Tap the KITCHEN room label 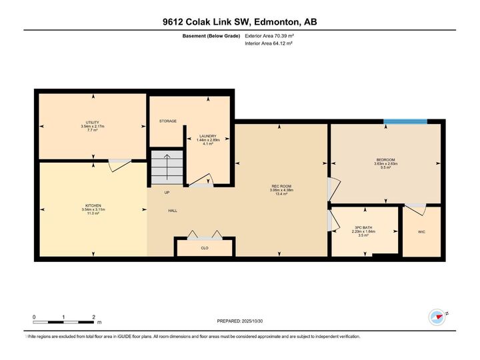[x=93, y=205]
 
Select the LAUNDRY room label [x=207, y=136]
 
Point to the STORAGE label [x=167, y=121]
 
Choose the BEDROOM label [x=385, y=160]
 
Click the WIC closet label [x=421, y=233]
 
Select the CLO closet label [x=205, y=247]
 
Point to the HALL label [x=172, y=211]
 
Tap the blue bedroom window [x=405, y=121]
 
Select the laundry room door [x=201, y=180]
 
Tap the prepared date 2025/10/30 [x=241, y=321]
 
